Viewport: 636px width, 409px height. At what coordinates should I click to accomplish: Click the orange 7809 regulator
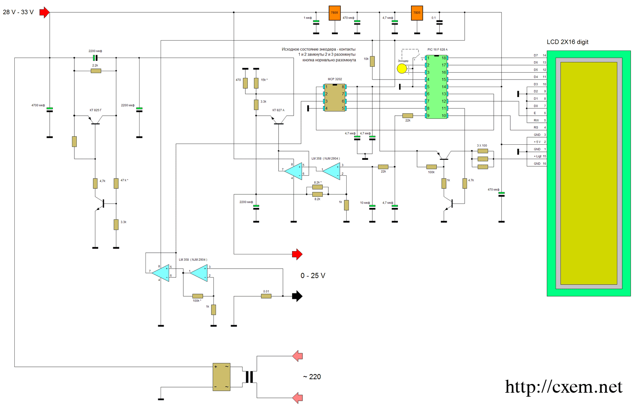click(335, 13)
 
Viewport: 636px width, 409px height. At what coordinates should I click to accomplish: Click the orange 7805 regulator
click(417, 13)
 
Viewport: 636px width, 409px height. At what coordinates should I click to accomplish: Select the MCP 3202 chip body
click(335, 97)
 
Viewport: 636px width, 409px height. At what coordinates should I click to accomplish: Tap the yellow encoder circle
click(402, 68)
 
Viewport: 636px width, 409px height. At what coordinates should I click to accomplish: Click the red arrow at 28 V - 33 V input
click(45, 12)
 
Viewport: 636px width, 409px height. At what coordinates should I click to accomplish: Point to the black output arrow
click(297, 296)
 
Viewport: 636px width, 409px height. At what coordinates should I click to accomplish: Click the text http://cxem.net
click(563, 387)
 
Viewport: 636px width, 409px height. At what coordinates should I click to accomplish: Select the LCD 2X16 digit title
click(567, 42)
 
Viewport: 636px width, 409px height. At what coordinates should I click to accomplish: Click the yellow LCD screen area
click(589, 173)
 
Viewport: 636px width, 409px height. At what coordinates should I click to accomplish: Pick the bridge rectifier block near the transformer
click(221, 377)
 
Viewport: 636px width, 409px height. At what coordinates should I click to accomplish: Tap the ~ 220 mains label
click(312, 377)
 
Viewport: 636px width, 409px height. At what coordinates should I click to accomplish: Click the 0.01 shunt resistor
click(266, 296)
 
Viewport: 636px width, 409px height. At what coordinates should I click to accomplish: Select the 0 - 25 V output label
click(313, 276)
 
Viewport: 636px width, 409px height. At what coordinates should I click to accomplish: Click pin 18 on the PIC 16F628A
click(444, 58)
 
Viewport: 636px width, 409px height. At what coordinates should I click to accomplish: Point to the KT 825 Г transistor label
click(95, 110)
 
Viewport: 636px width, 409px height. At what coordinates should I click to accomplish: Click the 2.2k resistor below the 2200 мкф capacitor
click(96, 71)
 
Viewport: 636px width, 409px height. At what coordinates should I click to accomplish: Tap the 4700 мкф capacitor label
click(38, 105)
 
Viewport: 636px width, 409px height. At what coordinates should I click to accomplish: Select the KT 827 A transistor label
click(278, 110)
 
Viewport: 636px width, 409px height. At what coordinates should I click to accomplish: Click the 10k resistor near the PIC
click(372, 61)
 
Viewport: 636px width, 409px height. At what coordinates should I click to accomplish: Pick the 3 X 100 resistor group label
click(482, 145)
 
